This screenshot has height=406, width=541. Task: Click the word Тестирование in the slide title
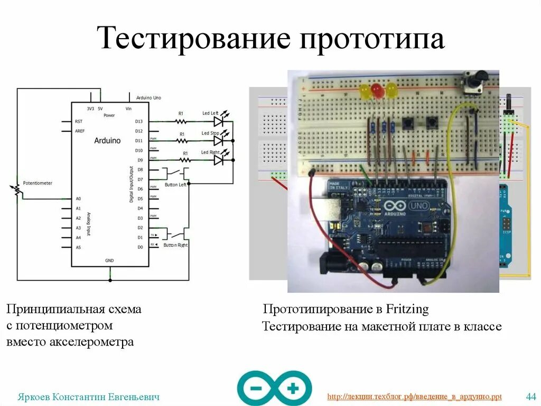(x=195, y=39)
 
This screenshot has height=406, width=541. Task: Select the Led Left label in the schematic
(x=210, y=113)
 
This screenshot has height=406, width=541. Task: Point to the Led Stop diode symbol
(x=218, y=141)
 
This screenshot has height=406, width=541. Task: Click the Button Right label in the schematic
(x=175, y=245)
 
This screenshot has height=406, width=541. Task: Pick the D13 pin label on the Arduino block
(x=139, y=121)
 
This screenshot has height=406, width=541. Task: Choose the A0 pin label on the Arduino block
(x=78, y=199)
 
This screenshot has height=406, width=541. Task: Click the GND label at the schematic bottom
(x=109, y=261)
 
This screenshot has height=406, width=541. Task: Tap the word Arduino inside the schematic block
(x=107, y=141)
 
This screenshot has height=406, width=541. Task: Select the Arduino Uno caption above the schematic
(x=148, y=98)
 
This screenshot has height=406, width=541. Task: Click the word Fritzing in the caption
(x=407, y=309)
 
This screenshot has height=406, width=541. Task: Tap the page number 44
(x=531, y=396)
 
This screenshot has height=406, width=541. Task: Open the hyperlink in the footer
(x=414, y=396)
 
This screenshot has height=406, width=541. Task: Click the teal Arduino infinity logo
(x=274, y=388)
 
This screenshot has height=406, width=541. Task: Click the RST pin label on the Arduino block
(x=79, y=121)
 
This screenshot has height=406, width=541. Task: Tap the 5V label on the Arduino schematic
(x=100, y=108)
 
